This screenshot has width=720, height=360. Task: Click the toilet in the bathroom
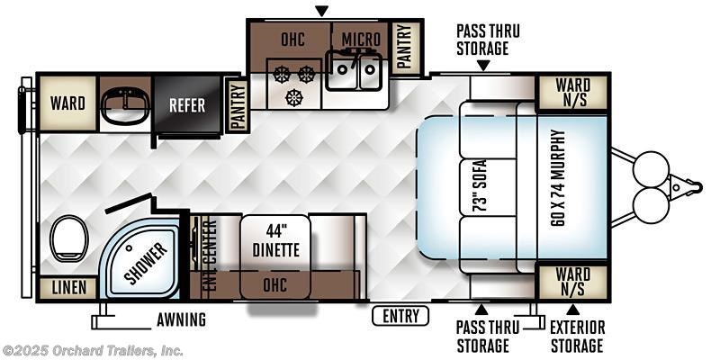click(x=69, y=238)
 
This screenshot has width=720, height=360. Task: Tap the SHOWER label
click(x=145, y=264)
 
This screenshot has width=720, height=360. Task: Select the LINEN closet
click(x=69, y=288)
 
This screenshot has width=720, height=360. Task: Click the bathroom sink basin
click(x=125, y=106)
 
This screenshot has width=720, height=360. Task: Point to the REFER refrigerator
click(x=187, y=105)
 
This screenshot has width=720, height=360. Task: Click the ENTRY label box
click(x=400, y=316)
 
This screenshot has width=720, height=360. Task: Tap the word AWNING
click(x=181, y=319)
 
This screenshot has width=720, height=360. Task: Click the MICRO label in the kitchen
click(x=361, y=40)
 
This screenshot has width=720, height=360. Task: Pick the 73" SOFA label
click(x=481, y=186)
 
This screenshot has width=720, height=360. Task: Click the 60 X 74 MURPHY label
click(x=558, y=177)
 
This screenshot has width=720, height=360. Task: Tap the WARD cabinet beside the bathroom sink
click(x=67, y=103)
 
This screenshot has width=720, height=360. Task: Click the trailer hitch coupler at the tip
click(x=695, y=187)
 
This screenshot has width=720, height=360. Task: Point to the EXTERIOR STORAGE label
click(x=577, y=337)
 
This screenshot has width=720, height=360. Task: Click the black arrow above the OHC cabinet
click(x=322, y=11)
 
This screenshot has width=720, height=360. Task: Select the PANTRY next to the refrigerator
click(x=237, y=105)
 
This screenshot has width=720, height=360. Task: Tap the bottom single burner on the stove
click(x=294, y=97)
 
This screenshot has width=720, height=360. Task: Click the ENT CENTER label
click(x=209, y=254)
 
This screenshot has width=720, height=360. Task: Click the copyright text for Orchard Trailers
click(x=93, y=351)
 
